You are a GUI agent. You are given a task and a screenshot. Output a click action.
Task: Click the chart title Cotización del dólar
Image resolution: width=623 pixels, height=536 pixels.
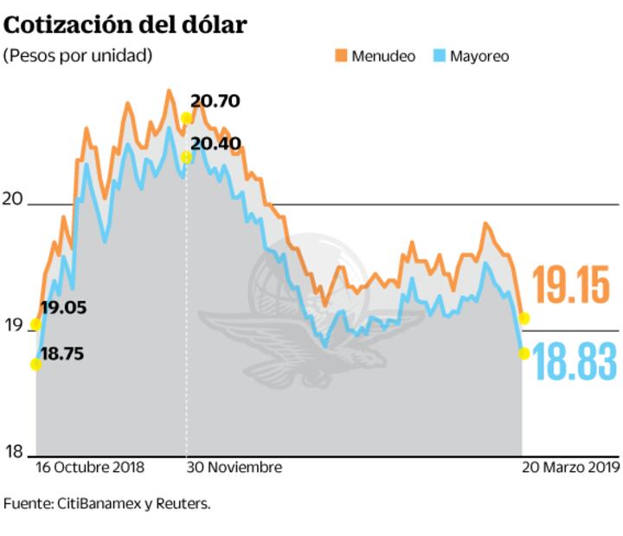(125, 23)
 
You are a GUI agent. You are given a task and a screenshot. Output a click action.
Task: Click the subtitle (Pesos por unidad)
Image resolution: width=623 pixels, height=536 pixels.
(78, 55)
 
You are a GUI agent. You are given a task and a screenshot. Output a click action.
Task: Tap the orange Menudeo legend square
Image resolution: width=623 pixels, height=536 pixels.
(341, 55)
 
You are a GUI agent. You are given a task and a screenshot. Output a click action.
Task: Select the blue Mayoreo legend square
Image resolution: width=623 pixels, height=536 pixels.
(440, 55)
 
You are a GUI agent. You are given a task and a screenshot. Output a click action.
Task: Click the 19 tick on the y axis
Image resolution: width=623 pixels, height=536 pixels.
(13, 326)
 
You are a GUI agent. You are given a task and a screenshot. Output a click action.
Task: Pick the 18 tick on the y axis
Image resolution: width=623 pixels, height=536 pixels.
(13, 451)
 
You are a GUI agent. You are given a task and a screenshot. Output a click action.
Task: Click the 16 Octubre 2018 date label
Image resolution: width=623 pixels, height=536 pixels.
(90, 468)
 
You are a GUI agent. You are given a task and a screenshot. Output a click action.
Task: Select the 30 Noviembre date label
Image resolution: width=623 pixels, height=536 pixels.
(234, 468)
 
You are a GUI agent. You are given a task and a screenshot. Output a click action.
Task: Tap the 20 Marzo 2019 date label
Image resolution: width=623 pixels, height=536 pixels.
(571, 468)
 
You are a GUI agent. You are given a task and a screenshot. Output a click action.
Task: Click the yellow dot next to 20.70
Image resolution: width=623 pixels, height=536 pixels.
(187, 118)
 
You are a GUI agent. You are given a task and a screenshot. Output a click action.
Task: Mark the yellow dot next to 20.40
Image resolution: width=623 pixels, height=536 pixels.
(187, 157)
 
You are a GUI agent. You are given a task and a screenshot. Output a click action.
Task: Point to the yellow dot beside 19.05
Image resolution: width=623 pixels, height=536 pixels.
(35, 325)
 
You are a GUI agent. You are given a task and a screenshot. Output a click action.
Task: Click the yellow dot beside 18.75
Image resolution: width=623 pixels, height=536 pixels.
(35, 364)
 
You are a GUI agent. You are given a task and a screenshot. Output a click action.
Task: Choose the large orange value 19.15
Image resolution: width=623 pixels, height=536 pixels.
(574, 284)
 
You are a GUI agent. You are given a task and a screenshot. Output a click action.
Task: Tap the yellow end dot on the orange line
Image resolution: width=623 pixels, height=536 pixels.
(523, 319)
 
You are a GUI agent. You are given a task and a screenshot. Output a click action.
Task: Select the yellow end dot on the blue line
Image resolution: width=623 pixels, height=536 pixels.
(523, 353)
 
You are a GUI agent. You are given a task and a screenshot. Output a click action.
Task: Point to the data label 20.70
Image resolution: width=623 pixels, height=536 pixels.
(215, 102)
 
